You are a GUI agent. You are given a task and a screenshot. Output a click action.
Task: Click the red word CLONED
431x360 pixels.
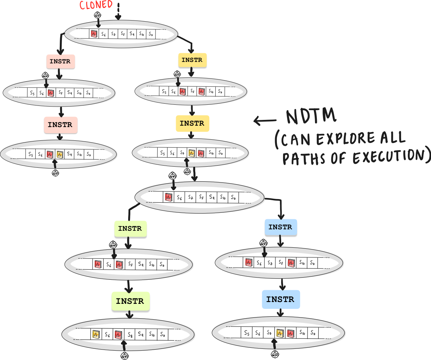tap(96, 5)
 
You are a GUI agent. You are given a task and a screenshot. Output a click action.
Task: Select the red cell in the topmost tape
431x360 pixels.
tap(94, 34)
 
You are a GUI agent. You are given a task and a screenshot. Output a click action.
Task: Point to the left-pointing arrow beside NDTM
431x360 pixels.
tap(265, 120)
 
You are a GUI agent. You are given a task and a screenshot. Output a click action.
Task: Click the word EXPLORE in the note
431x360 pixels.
tap(340, 139)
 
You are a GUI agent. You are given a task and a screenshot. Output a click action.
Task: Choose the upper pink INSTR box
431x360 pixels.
tap(60, 62)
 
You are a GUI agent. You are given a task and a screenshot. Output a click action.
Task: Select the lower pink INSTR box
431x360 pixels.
tap(60, 125)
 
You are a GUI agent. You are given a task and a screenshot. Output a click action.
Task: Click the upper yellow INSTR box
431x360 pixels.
tap(192, 60)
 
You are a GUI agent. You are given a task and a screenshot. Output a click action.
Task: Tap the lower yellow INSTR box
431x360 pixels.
tap(192, 123)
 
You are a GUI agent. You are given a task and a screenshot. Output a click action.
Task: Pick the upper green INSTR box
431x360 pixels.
tap(130, 229)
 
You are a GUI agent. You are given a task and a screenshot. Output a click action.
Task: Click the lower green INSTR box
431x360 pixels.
tap(130, 301)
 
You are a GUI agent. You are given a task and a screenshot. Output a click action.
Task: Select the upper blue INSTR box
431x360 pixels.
tap(280, 227)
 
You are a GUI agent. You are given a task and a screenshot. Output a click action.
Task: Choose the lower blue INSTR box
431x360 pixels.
tap(280, 299)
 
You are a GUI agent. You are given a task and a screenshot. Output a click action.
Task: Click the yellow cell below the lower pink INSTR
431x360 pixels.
tap(59, 155)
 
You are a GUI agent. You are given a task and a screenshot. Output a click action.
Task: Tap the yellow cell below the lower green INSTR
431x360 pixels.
tap(95, 334)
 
